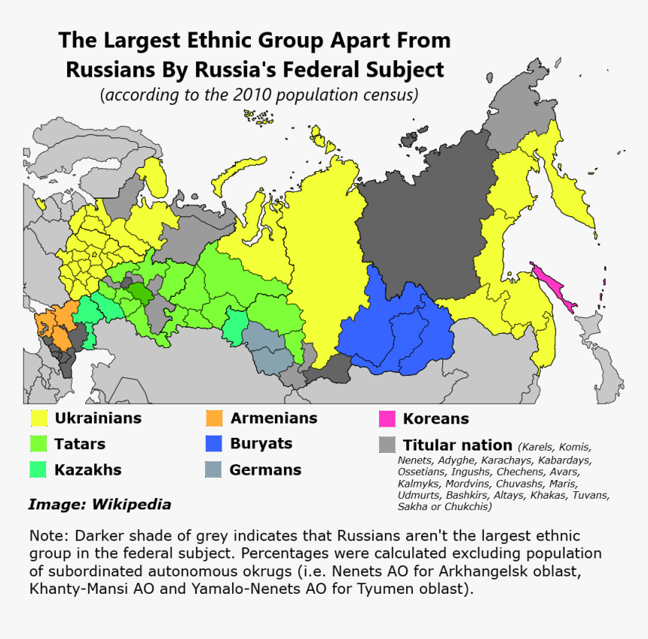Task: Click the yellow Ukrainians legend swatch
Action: click(39, 418)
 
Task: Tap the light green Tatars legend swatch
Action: click(39, 444)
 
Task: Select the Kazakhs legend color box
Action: click(39, 469)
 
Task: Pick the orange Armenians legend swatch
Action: click(215, 418)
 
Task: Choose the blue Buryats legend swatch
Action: click(215, 444)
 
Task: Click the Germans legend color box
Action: click(215, 469)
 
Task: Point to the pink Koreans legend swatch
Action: click(387, 419)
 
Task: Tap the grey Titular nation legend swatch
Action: click(387, 445)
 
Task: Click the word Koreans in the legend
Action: click(436, 419)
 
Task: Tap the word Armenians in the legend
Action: click(274, 418)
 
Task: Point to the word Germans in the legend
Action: click(265, 469)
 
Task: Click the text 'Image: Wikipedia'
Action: click(99, 504)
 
